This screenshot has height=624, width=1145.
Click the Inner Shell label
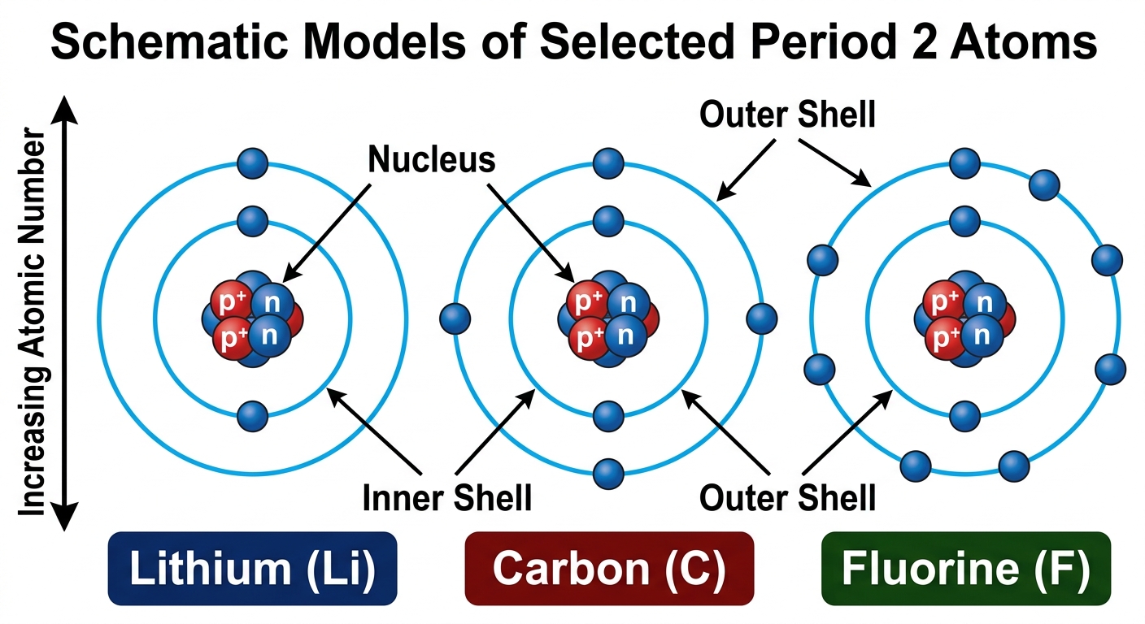tap(446, 497)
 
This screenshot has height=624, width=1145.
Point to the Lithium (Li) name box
tap(253, 568)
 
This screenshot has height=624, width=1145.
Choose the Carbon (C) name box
tap(609, 568)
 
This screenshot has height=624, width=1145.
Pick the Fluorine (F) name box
tap(966, 568)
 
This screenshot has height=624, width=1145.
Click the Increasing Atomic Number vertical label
tap(32, 322)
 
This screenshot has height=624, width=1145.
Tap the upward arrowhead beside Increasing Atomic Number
tap(64, 109)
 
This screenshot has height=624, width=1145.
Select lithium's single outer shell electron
tap(253, 163)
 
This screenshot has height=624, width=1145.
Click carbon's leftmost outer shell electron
tap(455, 319)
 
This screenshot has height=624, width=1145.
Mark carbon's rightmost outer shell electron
tap(762, 319)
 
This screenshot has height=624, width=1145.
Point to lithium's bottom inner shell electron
tap(253, 416)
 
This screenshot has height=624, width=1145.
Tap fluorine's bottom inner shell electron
tap(965, 416)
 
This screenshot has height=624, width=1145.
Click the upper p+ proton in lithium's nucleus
tap(231, 301)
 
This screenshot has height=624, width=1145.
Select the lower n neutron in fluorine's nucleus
tap(982, 335)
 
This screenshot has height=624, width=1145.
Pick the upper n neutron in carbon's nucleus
tap(629, 303)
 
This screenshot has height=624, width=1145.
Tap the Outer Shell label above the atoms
tap(788, 114)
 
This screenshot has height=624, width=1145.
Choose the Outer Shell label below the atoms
tap(788, 497)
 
